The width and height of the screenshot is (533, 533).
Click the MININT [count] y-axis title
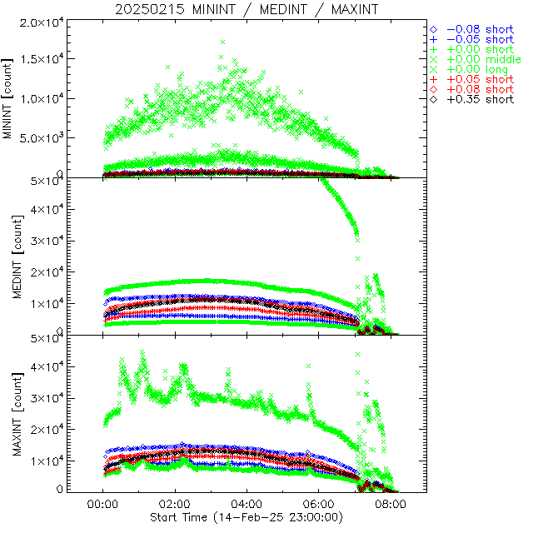(9, 98)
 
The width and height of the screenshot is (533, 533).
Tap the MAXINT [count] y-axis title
(9, 414)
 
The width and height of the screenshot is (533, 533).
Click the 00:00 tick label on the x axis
(102, 504)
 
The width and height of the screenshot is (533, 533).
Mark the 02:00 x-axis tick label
(175, 504)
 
